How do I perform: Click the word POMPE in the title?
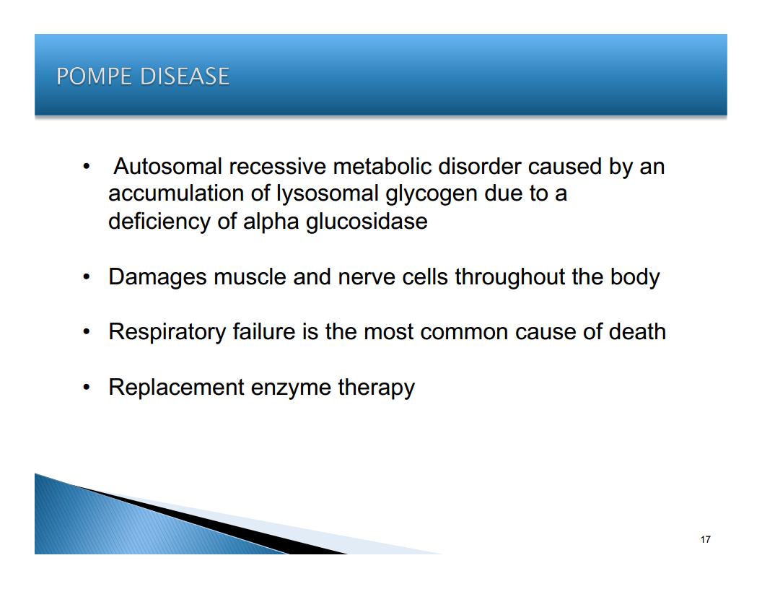point(94,77)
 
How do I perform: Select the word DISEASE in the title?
point(185,77)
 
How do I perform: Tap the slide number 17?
point(706,539)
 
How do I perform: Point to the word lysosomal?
point(328,194)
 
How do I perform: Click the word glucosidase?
point(367,222)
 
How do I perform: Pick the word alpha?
point(271,222)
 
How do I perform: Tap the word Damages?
point(157,277)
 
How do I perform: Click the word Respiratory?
point(167,333)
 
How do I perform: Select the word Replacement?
point(176,388)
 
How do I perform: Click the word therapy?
point(376,388)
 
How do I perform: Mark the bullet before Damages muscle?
point(87,277)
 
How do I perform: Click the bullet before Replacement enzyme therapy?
point(87,388)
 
